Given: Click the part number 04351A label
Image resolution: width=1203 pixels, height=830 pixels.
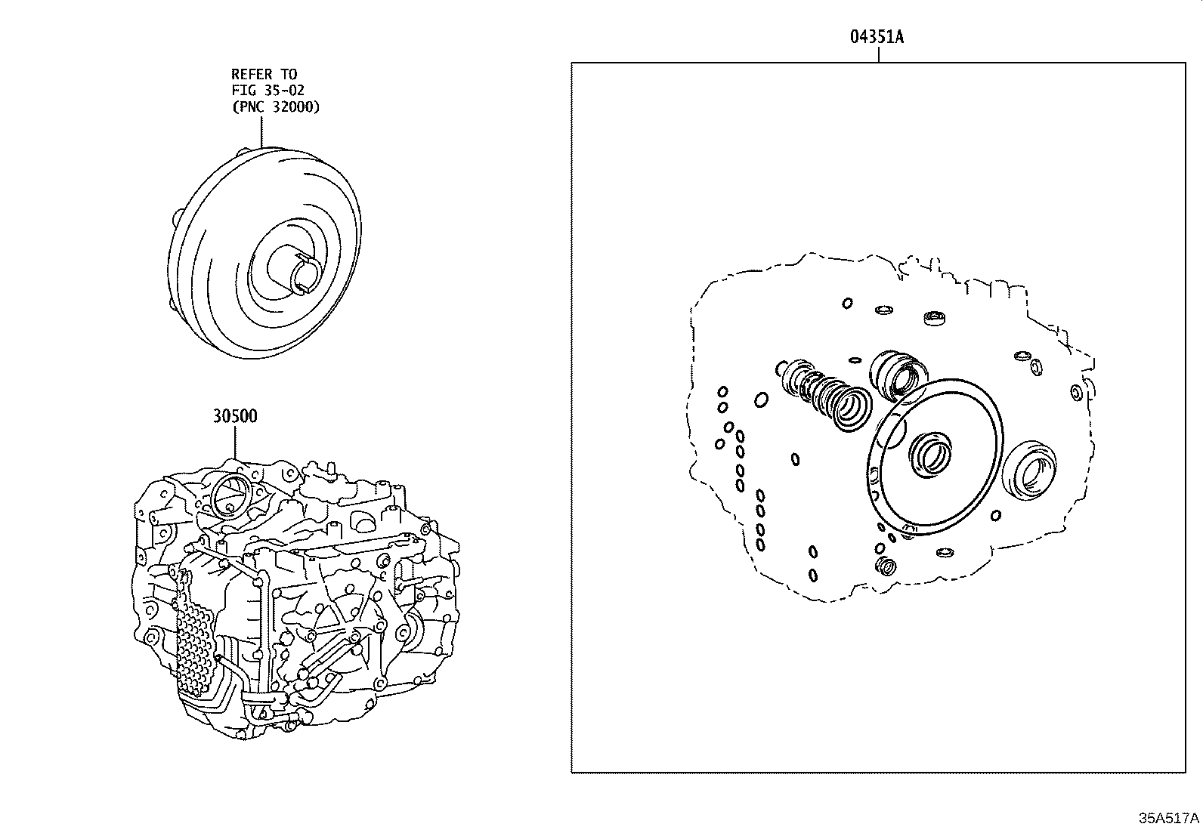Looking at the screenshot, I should tap(877, 37).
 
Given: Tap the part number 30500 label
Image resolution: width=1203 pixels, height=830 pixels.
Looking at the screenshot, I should tap(234, 416).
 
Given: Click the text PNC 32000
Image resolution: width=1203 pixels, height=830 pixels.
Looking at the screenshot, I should tap(276, 106).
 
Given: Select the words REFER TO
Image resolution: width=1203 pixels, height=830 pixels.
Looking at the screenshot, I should tap(264, 74).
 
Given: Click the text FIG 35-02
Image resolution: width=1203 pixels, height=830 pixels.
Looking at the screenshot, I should tap(268, 90).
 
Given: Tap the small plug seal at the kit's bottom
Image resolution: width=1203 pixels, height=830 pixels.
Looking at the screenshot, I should tap(884, 566).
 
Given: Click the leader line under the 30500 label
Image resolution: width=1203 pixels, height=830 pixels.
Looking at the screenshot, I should tap(234, 442).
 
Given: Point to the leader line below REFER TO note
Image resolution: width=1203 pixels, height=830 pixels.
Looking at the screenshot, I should tap(261, 130).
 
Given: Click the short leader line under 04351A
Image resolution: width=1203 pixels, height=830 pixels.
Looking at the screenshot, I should tap(877, 55).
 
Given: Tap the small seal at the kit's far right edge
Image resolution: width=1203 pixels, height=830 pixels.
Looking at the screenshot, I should tap(1076, 393).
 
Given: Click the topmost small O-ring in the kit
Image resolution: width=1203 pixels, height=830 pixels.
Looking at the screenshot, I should tap(848, 303).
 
